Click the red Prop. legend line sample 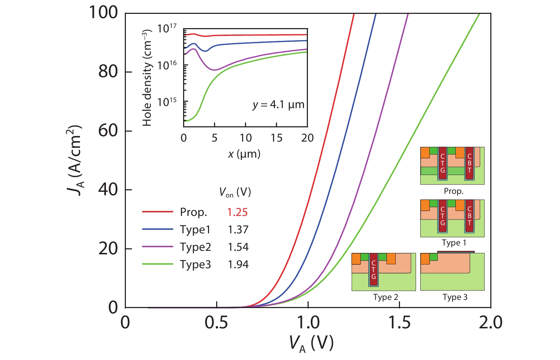[157, 212]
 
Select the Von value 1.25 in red [237, 212]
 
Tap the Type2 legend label [195, 247]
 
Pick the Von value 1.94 [238, 264]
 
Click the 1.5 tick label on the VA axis [399, 323]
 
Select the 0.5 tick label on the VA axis [216, 323]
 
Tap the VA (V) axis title [311, 343]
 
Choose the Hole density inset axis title [147, 78]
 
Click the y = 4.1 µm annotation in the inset [278, 105]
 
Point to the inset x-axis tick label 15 [276, 138]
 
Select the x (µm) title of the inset [244, 154]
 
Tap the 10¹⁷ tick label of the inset [167, 28]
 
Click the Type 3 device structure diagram [452, 271]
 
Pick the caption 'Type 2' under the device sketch [385, 297]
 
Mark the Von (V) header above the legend [235, 192]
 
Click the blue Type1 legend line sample [157, 229]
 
